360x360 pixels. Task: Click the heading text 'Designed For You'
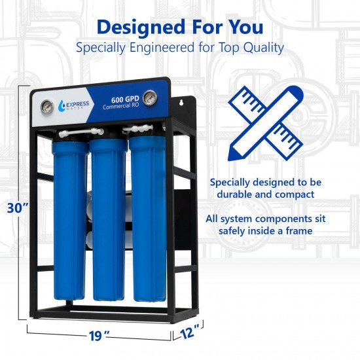tap(179, 27)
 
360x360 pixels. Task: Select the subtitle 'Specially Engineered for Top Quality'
tap(179, 48)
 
